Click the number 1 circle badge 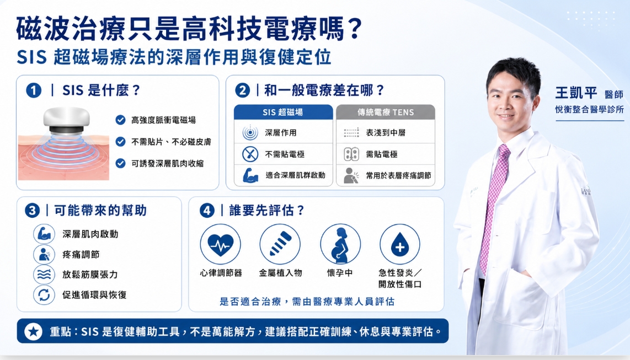(x=34, y=90)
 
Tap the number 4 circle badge (x=207, y=210)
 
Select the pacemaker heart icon (x=221, y=244)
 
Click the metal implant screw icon (x=280, y=244)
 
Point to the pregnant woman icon (x=340, y=244)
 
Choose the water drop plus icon (x=400, y=244)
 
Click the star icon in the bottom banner (x=33, y=331)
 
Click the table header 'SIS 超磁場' (x=283, y=112)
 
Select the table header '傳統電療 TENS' (x=386, y=112)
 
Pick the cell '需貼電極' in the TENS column (x=382, y=154)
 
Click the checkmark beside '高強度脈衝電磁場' (x=120, y=120)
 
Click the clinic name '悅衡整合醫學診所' (x=589, y=109)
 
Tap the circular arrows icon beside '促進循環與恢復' (x=44, y=295)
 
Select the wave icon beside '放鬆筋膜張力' (x=44, y=275)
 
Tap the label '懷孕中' (x=340, y=273)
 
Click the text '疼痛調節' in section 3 (x=81, y=255)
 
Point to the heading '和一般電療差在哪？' (x=324, y=90)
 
